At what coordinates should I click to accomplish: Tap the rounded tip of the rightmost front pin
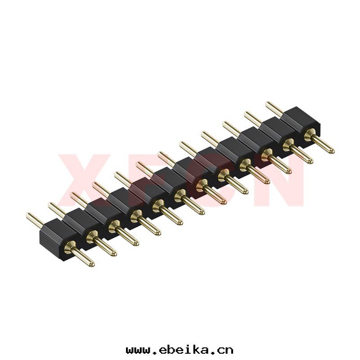click(x=331, y=150)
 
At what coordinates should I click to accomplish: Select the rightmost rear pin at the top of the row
click(x=274, y=108)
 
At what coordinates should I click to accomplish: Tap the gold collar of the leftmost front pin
click(x=70, y=247)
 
